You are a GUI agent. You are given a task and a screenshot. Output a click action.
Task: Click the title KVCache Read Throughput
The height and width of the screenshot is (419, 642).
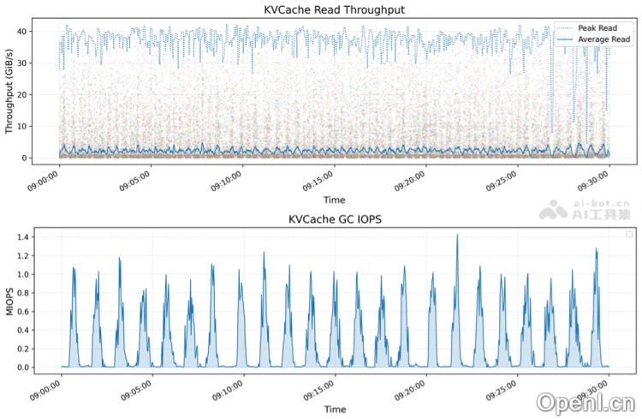point(335,9)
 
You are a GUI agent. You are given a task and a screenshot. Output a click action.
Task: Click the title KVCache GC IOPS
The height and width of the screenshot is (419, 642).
point(335,219)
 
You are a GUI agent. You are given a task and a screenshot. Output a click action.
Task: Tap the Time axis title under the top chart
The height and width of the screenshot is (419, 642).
point(335,200)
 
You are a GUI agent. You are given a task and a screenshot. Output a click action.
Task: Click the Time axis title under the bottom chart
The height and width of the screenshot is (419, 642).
point(335,410)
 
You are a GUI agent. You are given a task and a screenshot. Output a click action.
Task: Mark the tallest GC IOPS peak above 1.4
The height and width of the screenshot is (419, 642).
point(457,235)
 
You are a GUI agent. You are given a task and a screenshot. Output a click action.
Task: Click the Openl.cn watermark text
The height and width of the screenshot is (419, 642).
point(586,402)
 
